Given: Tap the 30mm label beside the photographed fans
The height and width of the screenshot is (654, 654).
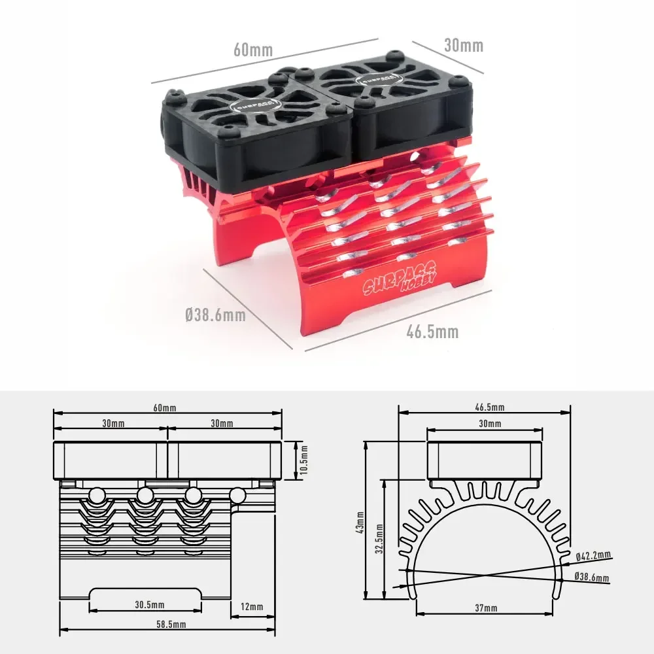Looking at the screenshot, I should [464, 45].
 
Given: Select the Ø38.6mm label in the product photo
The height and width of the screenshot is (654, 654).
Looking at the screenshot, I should [215, 315].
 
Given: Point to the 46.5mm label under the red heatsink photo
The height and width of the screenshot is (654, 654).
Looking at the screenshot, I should [432, 332].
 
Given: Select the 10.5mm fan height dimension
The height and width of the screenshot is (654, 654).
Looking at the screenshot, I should [303, 460].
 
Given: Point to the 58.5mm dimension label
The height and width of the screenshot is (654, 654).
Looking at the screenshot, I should [167, 625].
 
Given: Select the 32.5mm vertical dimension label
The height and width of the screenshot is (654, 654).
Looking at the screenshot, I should [379, 540].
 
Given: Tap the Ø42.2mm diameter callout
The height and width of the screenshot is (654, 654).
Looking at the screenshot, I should [593, 555].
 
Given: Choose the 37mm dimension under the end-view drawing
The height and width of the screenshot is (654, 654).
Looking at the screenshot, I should [486, 608].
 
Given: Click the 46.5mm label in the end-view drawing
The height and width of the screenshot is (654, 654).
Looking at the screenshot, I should [489, 407].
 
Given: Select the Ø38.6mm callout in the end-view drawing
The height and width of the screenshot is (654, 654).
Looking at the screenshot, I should [591, 577].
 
